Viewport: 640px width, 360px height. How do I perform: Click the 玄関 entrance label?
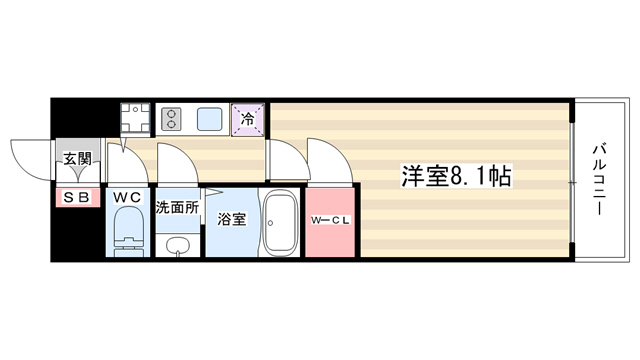coord(78,159)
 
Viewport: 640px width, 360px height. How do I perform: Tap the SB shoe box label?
coord(77,198)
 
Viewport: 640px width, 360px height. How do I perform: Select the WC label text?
coord(127,198)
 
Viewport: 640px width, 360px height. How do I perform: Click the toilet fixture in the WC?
coord(128,231)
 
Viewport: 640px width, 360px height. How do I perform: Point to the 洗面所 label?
coord(177,207)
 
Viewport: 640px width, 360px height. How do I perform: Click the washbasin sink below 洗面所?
coord(178,246)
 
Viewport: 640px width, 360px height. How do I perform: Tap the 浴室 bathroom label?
coord(231,220)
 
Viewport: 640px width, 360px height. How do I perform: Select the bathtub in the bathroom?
coord(280,223)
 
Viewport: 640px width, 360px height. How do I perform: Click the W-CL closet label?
coord(330,221)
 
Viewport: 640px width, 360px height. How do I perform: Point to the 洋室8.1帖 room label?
coord(456,176)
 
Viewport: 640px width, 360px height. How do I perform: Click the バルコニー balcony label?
coord(600,179)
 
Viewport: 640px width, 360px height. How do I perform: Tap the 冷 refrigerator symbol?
coord(248,119)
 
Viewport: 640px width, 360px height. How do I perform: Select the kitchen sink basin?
coord(210,119)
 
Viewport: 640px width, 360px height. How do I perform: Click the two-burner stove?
coord(171,119)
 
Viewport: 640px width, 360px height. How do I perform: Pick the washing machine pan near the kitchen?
coord(135,118)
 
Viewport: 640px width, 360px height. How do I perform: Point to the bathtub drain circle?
coord(270,223)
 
